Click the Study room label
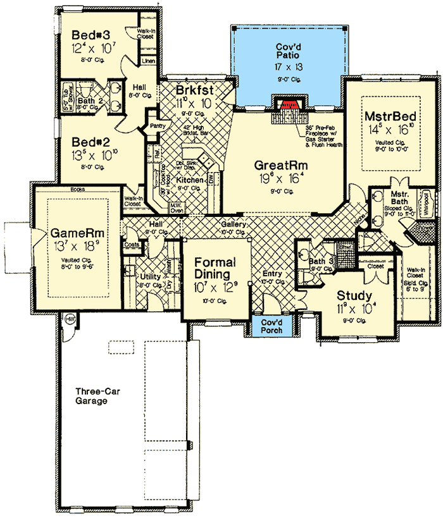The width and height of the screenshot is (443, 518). click(x=354, y=295)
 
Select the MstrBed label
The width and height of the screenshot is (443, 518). click(x=385, y=117)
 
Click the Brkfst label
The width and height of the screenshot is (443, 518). click(x=195, y=90)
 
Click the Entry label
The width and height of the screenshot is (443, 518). click(x=272, y=273)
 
